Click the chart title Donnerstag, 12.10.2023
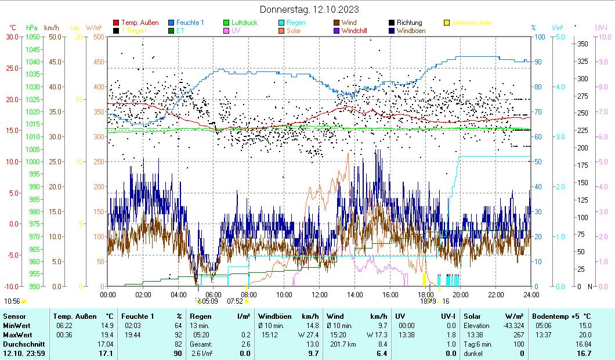(x=309, y=9)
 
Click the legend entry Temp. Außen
(x=139, y=23)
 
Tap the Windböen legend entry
(x=413, y=30)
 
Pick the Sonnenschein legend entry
(x=471, y=23)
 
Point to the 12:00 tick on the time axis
(x=320, y=294)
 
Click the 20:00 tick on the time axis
(x=461, y=294)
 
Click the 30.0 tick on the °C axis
(x=12, y=37)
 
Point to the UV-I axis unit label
(x=601, y=27)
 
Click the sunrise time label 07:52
(x=234, y=301)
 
